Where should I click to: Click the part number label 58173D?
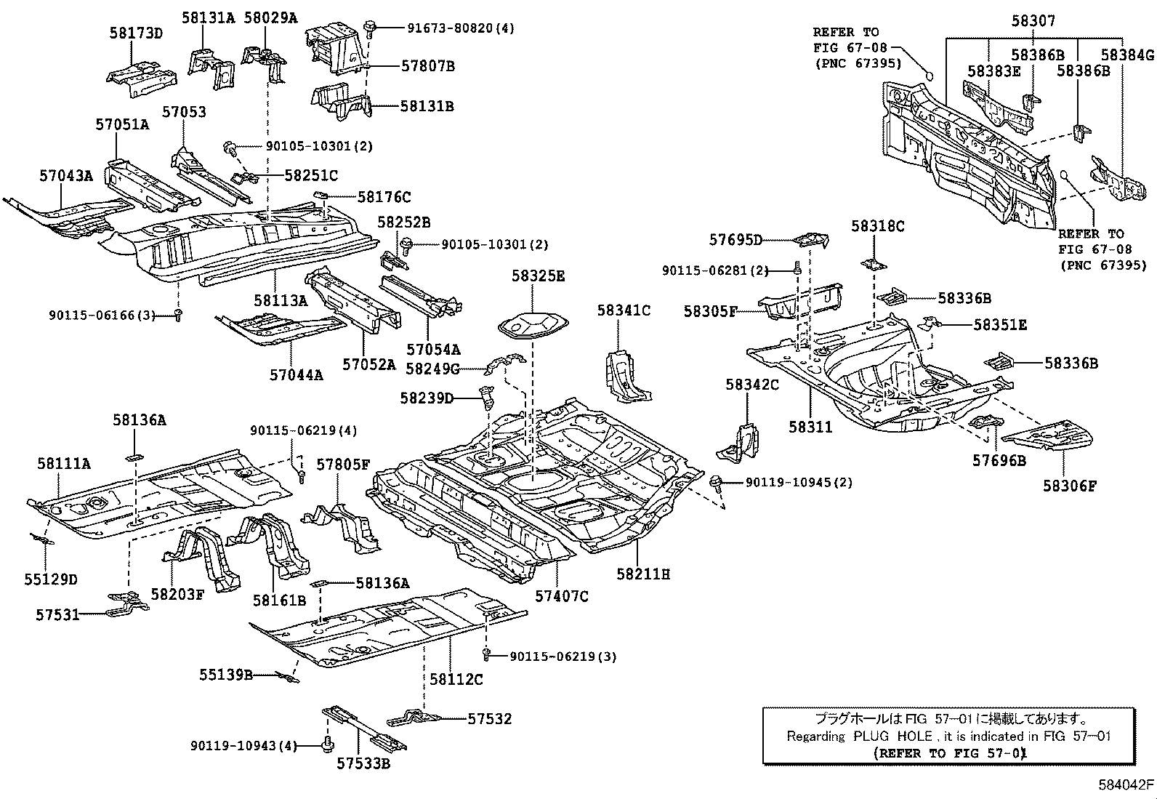tap(136, 33)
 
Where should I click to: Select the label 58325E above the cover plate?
tap(538, 276)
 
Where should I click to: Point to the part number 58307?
tap(1033, 22)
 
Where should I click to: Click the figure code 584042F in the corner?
tap(1125, 785)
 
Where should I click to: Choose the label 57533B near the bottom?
tap(363, 763)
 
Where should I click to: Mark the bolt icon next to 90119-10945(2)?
tap(717, 481)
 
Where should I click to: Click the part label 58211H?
tap(643, 574)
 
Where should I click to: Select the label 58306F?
tap(1069, 486)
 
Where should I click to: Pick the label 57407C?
tap(562, 596)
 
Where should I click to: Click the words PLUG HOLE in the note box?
tap(892, 736)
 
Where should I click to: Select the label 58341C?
tap(624, 310)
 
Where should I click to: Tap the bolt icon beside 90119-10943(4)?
tap(326, 744)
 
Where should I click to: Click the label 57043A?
tap(66, 175)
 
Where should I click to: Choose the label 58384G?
tap(1127, 55)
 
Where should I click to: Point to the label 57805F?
tap(343, 464)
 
